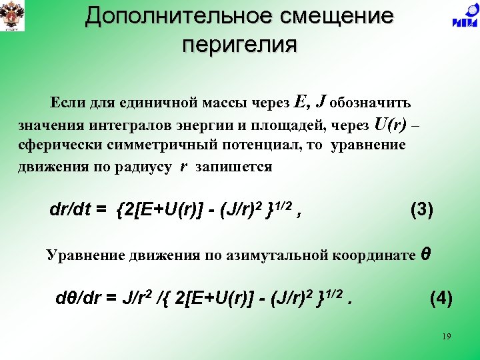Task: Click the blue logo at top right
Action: click(x=464, y=16)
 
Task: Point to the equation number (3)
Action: click(x=421, y=210)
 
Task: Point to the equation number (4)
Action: click(x=441, y=298)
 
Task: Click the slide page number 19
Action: click(x=446, y=337)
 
